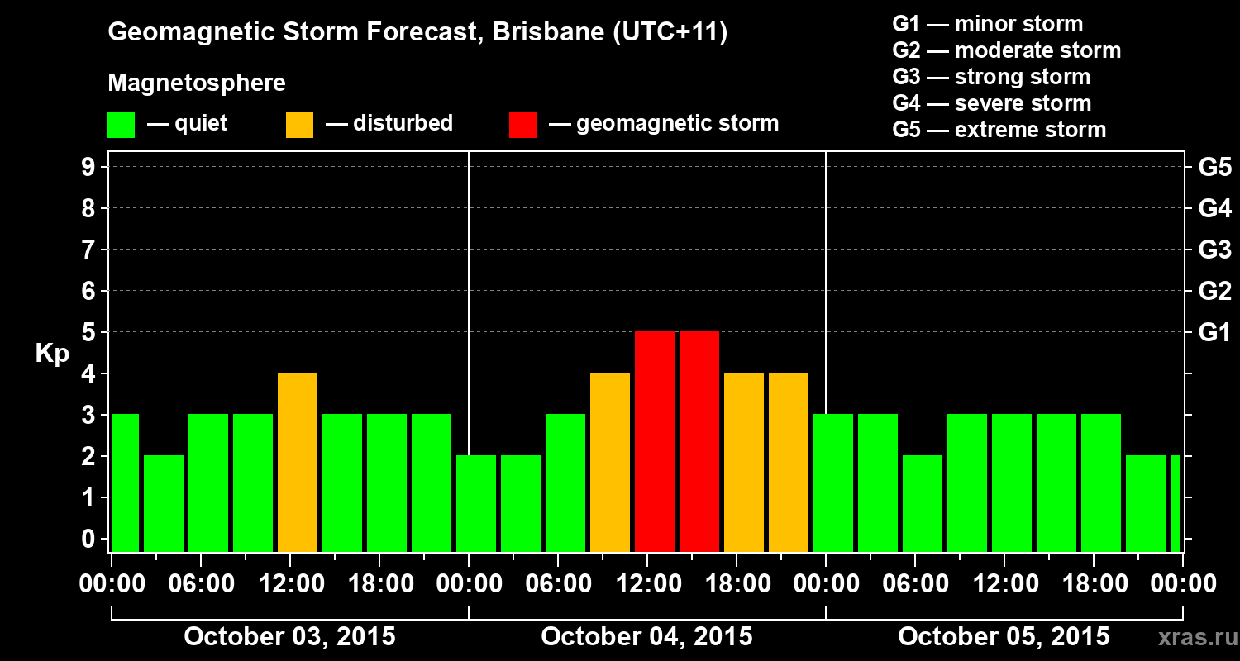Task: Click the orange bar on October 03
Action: pyautogui.click(x=298, y=463)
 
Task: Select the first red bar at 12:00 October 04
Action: pyautogui.click(x=655, y=442)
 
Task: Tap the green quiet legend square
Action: pyautogui.click(x=121, y=125)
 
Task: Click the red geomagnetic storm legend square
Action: pyautogui.click(x=522, y=125)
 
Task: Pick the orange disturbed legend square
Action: pyautogui.click(x=299, y=125)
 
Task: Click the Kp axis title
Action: pyautogui.click(x=52, y=354)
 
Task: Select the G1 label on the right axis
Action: pyautogui.click(x=1214, y=333)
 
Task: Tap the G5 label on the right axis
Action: pyautogui.click(x=1214, y=168)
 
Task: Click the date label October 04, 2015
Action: pyautogui.click(x=646, y=637)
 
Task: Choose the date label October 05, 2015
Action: pyautogui.click(x=1004, y=637)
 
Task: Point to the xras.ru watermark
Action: pyautogui.click(x=1190, y=638)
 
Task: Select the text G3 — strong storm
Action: pyautogui.click(x=991, y=77)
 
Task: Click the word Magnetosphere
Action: pyautogui.click(x=197, y=83)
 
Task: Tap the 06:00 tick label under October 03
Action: pyautogui.click(x=201, y=584)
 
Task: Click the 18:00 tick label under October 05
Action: pyautogui.click(x=1094, y=584)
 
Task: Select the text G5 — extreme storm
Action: pyautogui.click(x=999, y=130)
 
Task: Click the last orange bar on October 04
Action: pyautogui.click(x=789, y=463)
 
